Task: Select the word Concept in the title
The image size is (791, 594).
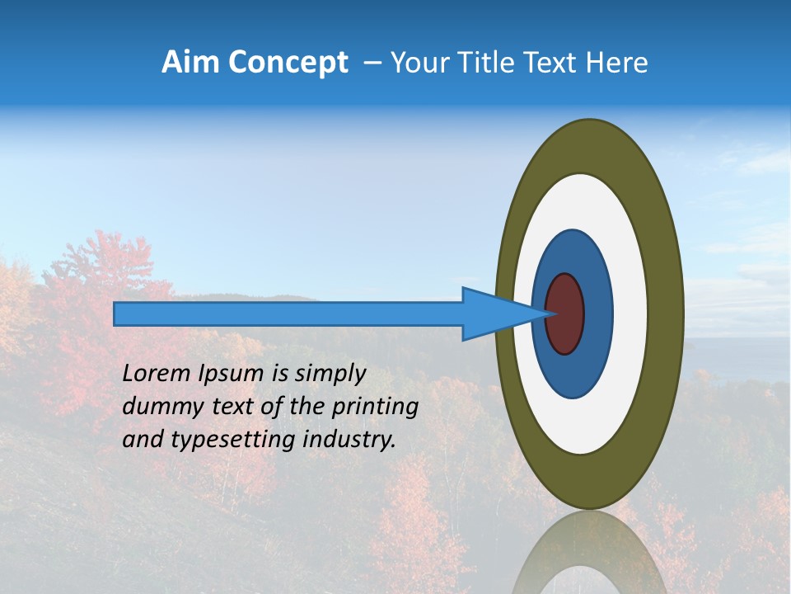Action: [x=288, y=64]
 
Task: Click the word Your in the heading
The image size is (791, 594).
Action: [x=420, y=63]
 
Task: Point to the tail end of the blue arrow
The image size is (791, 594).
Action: [x=117, y=313]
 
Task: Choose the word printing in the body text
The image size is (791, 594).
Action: [x=375, y=408]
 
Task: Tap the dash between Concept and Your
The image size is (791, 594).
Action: [x=372, y=63]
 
